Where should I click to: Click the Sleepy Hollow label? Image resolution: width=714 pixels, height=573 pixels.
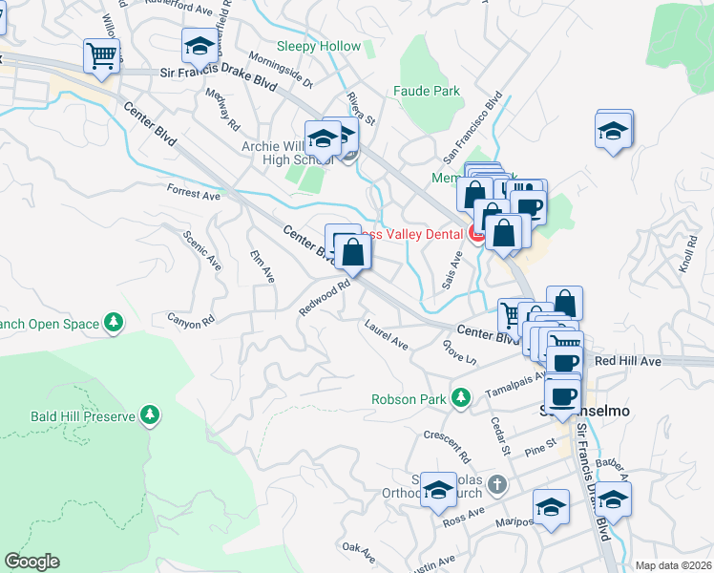tap(319, 46)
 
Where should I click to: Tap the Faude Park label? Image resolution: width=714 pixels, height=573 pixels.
tap(427, 92)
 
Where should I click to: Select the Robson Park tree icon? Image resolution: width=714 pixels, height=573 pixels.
tap(461, 396)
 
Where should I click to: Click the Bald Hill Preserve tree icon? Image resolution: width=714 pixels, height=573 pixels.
tap(149, 414)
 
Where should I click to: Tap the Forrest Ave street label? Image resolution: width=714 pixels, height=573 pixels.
tap(193, 194)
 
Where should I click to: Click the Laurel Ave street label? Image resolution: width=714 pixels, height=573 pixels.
tap(387, 334)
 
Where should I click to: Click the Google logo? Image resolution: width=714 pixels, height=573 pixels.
tap(31, 562)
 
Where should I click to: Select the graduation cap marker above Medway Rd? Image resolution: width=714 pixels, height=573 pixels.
tap(199, 46)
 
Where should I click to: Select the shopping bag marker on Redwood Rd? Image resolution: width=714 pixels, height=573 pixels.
tap(352, 252)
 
